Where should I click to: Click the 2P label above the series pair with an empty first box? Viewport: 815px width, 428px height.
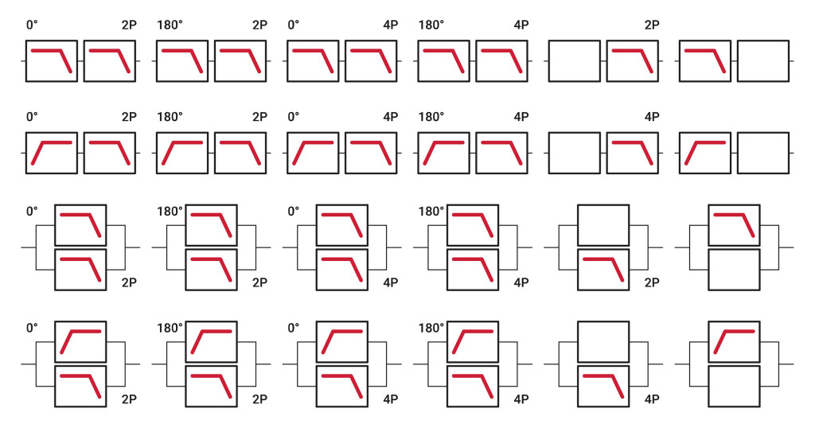point(651,25)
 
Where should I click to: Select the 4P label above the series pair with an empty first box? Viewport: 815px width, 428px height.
point(651,117)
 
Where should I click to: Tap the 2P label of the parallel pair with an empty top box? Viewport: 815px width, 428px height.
point(651,282)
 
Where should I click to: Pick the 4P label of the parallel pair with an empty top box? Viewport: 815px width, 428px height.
point(651,398)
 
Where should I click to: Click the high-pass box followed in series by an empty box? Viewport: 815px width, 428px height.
point(704,152)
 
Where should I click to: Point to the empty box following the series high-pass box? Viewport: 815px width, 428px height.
point(762,152)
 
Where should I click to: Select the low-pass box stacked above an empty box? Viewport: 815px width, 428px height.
point(733,225)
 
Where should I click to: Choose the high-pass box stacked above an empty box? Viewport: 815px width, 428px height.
point(733,340)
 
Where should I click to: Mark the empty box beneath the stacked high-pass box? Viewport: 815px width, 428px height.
point(733,386)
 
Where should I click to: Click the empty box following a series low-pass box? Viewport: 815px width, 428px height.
point(762,60)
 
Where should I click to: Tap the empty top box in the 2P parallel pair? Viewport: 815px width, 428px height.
point(602,225)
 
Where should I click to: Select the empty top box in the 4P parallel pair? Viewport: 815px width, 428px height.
point(602,340)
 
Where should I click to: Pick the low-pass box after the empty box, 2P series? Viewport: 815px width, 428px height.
point(632,60)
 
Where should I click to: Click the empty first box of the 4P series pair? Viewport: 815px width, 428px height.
point(574,152)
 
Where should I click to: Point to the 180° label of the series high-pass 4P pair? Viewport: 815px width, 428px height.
point(431,117)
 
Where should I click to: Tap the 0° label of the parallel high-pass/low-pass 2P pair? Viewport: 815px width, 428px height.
point(32,326)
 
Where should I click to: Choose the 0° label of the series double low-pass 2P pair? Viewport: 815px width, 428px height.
point(32,25)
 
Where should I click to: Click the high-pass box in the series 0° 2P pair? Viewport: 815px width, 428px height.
point(52,152)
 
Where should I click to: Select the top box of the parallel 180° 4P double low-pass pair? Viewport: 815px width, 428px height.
point(472,225)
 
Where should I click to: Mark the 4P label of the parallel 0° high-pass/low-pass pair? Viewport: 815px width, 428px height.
point(390,398)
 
